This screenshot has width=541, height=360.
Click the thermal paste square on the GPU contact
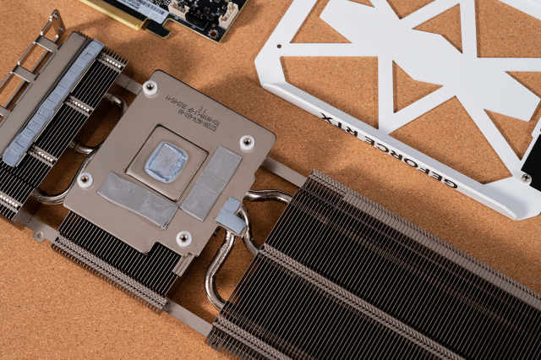[x=167, y=161]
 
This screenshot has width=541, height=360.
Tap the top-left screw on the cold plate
[x=150, y=87]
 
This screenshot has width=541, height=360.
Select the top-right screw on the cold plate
[x=247, y=143]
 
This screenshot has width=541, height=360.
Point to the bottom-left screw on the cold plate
[x=85, y=179]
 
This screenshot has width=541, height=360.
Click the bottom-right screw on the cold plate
[x=183, y=238]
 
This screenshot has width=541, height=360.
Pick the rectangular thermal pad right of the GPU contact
[x=212, y=183]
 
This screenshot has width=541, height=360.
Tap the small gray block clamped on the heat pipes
[x=229, y=216]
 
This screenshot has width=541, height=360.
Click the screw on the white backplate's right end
[x=525, y=178]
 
